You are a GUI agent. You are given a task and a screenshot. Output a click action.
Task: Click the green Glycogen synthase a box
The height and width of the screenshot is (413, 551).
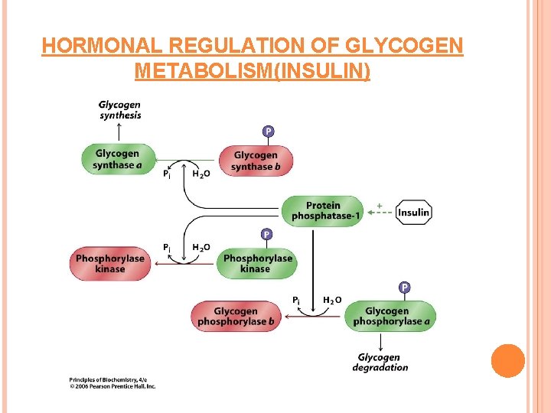click(117, 159)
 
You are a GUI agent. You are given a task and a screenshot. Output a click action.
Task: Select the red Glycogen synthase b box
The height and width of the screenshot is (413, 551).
click(256, 161)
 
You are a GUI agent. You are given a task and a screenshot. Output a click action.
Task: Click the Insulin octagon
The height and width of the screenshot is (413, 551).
click(414, 213)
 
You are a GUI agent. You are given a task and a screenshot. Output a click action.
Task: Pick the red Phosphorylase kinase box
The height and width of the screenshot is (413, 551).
click(110, 263)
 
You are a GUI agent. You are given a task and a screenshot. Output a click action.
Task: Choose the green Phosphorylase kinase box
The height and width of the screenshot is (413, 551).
click(258, 263)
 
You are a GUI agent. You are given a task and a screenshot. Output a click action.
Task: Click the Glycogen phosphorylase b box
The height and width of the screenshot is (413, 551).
click(236, 316)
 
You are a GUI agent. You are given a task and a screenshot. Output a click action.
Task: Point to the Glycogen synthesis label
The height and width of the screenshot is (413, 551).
click(120, 110)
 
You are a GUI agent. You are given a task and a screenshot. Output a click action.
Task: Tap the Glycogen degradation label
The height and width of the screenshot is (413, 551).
click(380, 363)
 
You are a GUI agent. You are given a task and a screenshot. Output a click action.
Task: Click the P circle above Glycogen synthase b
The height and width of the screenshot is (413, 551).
click(268, 132)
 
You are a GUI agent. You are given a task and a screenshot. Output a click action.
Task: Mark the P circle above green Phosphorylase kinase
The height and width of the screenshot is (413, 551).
click(266, 234)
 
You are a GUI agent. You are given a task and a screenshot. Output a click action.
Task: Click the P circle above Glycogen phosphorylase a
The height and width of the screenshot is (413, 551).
click(404, 288)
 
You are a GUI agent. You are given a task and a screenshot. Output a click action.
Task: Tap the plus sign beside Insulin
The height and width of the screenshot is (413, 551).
click(380, 204)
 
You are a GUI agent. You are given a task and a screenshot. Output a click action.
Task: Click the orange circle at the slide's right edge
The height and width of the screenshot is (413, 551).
click(508, 361)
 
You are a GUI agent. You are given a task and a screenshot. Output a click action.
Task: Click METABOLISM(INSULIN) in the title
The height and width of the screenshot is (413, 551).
click(252, 72)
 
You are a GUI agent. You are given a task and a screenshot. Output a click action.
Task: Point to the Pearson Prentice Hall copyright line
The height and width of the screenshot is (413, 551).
click(112, 386)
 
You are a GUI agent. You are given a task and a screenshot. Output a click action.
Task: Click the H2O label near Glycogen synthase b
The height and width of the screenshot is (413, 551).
click(201, 174)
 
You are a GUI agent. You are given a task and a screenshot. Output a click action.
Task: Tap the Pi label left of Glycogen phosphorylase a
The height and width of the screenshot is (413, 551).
click(297, 301)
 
